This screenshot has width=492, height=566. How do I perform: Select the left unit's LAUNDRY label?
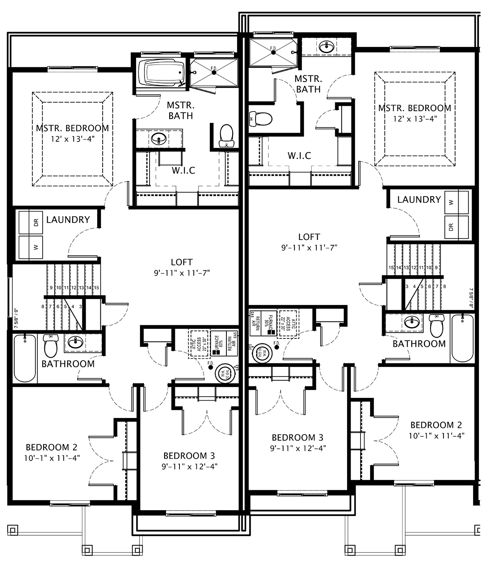68,220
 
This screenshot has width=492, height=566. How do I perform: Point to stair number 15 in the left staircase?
96,288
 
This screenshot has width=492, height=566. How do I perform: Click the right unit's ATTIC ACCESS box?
288,324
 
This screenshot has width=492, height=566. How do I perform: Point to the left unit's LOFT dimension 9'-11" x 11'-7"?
182,273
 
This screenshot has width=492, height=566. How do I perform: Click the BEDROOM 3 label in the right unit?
298,438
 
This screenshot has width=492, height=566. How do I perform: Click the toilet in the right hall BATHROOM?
437,326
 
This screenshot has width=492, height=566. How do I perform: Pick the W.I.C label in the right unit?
299,156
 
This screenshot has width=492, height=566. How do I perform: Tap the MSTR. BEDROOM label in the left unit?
72,128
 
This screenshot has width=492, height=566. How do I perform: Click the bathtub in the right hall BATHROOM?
463,338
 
